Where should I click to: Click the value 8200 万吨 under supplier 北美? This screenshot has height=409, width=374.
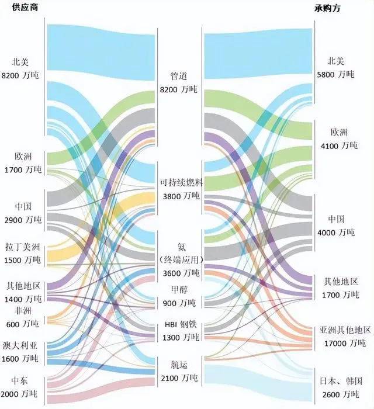click(21, 75)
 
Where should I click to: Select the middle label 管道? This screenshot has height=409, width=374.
click(178, 77)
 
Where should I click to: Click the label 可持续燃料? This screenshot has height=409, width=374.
click(180, 183)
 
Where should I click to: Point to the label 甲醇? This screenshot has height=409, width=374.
click(178, 290)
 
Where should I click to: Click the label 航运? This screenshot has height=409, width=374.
click(178, 364)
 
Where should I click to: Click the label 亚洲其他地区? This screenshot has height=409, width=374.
click(345, 330)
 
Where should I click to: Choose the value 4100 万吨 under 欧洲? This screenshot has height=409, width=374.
click(338, 145)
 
